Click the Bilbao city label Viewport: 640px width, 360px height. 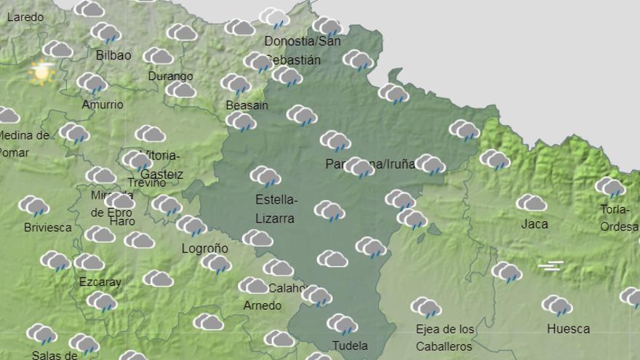[x=113, y=55]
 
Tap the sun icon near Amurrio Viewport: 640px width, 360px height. [x=41, y=71]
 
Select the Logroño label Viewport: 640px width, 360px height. [x=204, y=249]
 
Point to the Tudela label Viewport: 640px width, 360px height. [x=350, y=345]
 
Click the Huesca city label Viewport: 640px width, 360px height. [x=568, y=329]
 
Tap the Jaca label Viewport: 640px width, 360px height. [x=535, y=224]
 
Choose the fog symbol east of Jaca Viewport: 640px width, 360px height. [x=551, y=265]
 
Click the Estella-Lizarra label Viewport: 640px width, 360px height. [x=276, y=208]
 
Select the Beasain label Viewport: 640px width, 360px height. [x=247, y=105]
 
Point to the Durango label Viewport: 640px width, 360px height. [x=170, y=76]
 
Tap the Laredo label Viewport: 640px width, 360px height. [x=25, y=17]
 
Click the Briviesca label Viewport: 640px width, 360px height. [x=47, y=227]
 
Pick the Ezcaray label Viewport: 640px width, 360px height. [x=100, y=281]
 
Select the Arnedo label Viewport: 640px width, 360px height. [x=262, y=305]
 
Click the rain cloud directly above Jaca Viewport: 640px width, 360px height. [x=532, y=203]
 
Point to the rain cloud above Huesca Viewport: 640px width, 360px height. [x=556, y=305]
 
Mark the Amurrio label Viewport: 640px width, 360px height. [x=102, y=104]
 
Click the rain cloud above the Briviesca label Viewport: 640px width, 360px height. [x=34, y=206]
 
